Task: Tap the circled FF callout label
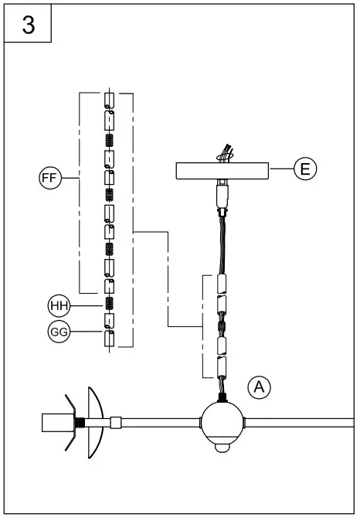(x=50, y=179)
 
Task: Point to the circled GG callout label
(x=59, y=332)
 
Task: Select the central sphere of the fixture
(x=222, y=422)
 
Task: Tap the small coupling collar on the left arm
(x=115, y=423)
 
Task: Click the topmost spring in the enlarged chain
(x=110, y=139)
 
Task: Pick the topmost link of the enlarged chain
(x=110, y=100)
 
